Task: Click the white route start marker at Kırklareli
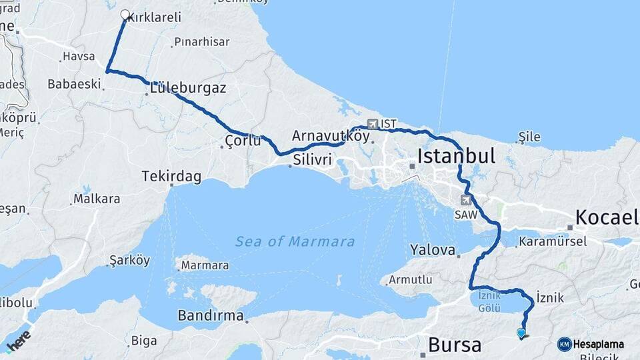coord(125,14)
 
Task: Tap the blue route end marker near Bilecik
coord(521,332)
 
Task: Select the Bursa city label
coord(454,345)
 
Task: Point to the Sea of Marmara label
coord(295,241)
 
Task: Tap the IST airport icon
coord(371,124)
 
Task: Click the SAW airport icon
coord(466,199)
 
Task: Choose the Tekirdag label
coord(171,177)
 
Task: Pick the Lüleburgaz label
coord(188,88)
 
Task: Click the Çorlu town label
coord(242,142)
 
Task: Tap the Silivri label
coord(312,160)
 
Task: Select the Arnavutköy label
coord(331,135)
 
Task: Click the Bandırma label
coord(211,315)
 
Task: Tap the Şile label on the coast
coord(529,137)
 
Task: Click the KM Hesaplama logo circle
coord(565,344)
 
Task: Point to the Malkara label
coord(97,199)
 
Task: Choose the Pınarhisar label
coord(201,42)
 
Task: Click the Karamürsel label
coord(552,241)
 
